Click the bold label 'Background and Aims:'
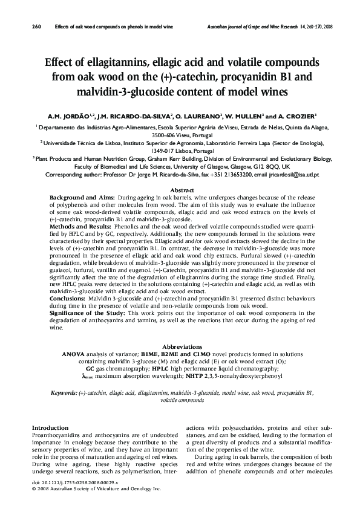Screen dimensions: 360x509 coord(83,198)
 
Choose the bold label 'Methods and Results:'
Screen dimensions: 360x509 coord(80,224)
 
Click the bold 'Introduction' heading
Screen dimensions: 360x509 coord(50,427)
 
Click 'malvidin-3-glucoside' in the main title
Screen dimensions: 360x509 coord(145,92)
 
